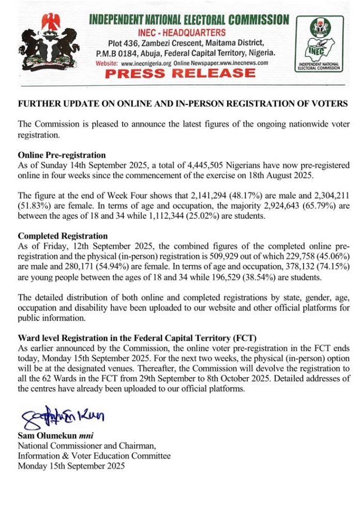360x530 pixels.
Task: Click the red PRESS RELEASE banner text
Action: [x=180, y=72]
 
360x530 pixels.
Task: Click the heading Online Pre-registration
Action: [x=62, y=155]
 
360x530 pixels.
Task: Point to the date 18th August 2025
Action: [x=279, y=175]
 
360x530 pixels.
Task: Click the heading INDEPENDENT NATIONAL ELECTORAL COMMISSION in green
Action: [x=189, y=20]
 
